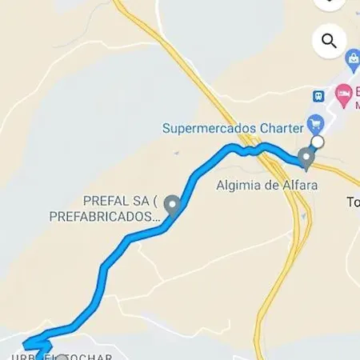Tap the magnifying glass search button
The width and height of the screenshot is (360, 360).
pos(329,40)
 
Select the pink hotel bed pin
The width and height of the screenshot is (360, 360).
pos(343,95)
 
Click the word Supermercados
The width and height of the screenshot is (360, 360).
pos(210,127)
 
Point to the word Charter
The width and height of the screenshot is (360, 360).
pos(282,127)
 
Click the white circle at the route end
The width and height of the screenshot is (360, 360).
pos(318,142)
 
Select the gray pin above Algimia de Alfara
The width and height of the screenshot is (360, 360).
pos(306,158)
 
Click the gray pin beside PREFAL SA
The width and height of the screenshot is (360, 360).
pos(171,207)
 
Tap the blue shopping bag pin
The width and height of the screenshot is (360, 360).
pos(352,60)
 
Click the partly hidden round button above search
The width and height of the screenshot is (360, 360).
pos(329,3)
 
